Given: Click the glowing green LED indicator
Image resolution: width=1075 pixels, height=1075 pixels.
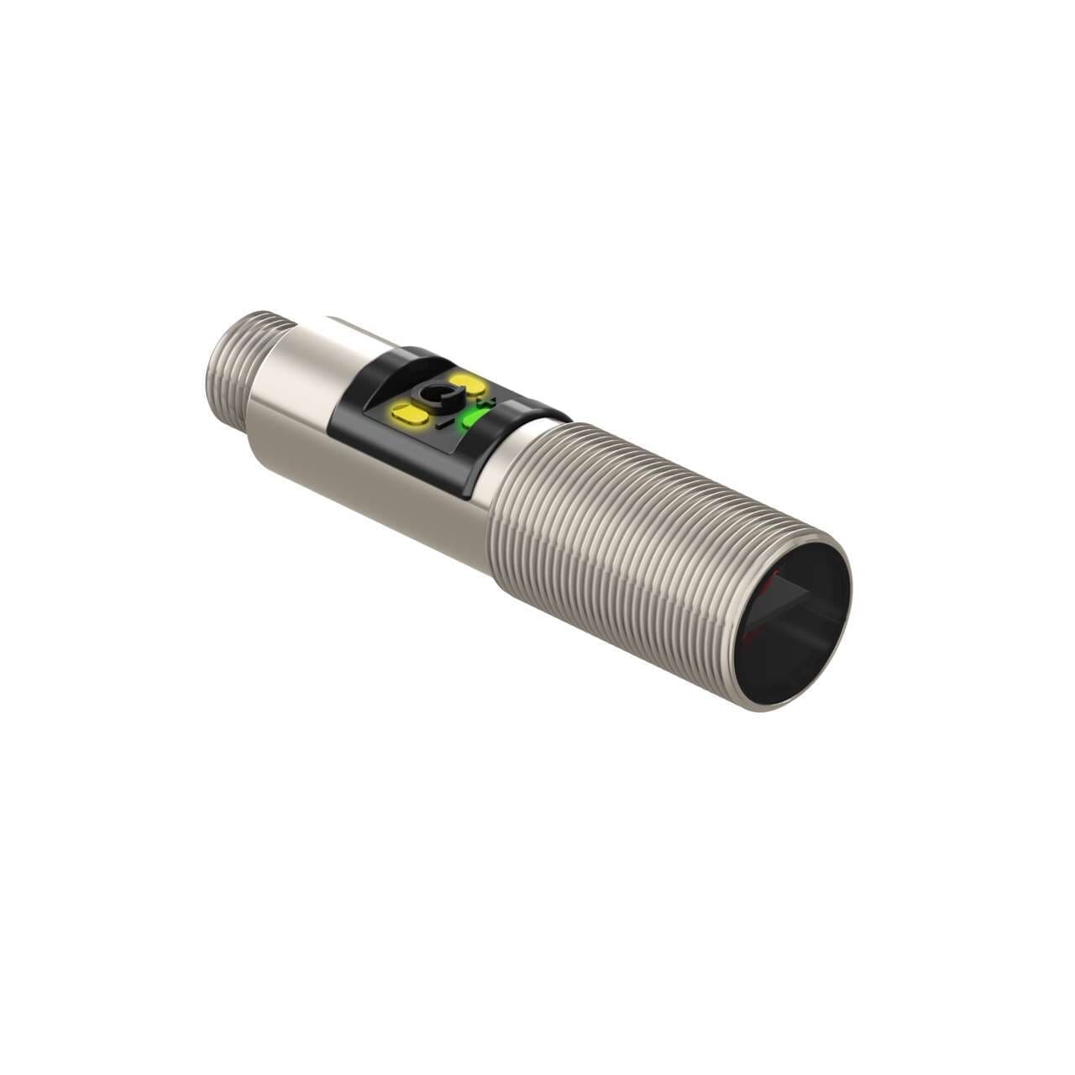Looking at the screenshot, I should pos(476,418).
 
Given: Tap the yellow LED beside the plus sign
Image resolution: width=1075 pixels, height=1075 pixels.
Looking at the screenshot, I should pos(467,384).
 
